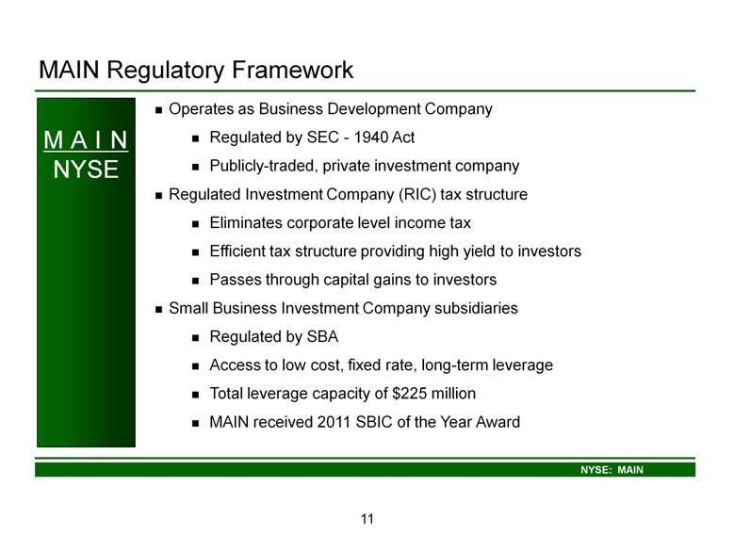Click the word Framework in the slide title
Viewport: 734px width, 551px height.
click(x=293, y=70)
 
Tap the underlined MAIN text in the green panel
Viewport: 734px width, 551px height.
click(x=86, y=140)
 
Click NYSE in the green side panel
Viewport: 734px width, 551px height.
click(x=86, y=170)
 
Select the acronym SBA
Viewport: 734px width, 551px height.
click(x=322, y=337)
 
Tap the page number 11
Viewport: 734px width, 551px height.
click(x=367, y=519)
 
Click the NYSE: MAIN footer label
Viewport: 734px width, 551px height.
click(x=612, y=470)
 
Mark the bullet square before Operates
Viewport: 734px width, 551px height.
click(x=158, y=110)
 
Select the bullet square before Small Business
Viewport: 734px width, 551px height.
click(x=158, y=310)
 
